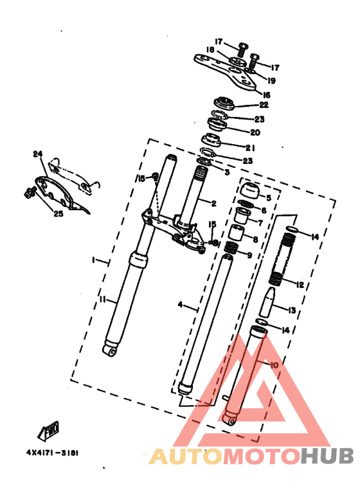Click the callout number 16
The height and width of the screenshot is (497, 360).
click(267, 95)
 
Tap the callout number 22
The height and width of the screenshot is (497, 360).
click(264, 105)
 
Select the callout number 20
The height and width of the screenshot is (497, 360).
click(255, 132)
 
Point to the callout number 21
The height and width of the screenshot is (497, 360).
click(250, 148)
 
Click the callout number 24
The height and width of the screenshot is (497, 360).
click(38, 154)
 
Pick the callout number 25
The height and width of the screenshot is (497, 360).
click(59, 213)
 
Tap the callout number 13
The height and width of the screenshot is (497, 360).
click(292, 311)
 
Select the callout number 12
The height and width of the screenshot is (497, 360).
click(300, 285)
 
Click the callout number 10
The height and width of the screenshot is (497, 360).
click(274, 365)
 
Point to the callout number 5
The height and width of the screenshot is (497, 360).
click(269, 198)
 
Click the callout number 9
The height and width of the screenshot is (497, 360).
click(249, 255)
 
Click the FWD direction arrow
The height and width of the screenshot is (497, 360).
click(48, 431)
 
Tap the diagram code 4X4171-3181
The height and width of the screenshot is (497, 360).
click(52, 453)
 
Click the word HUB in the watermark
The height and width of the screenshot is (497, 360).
click(327, 456)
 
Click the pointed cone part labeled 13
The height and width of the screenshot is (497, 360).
click(267, 302)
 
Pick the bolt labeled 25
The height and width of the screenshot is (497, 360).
click(30, 192)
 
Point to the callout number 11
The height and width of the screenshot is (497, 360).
click(103, 299)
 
